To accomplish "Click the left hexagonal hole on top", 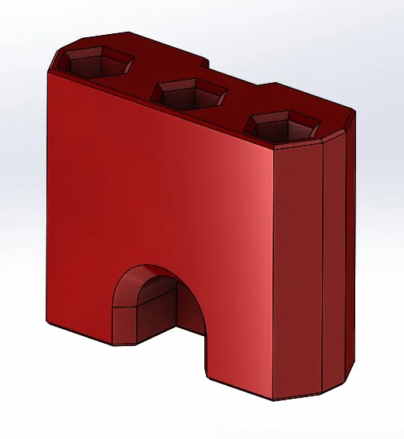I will [91, 61].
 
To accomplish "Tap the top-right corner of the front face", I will [276, 149].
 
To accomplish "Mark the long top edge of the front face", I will [163, 110].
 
